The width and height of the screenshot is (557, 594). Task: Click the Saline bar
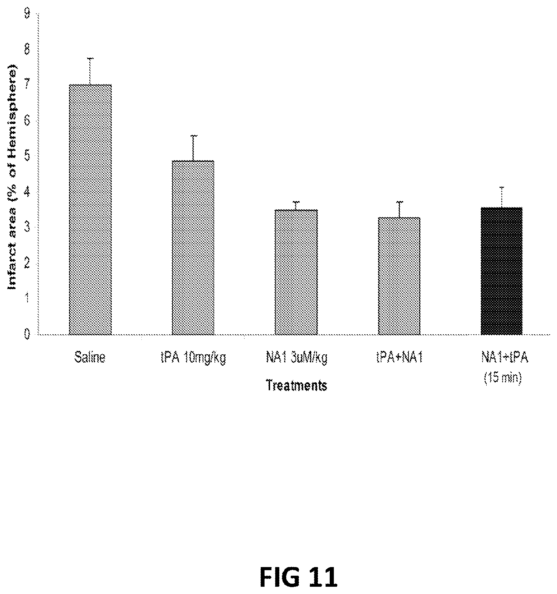pos(90,210)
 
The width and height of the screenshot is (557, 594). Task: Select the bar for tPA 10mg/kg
pos(193,248)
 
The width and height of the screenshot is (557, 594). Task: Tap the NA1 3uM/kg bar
pos(296,272)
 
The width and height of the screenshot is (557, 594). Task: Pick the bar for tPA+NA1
pos(399,276)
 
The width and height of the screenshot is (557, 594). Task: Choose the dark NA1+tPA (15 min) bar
pos(501,271)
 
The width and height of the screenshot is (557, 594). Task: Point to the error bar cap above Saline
pos(90,59)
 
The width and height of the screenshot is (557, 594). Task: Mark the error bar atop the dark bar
pos(502,197)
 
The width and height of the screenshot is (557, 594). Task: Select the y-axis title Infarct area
pos(13,176)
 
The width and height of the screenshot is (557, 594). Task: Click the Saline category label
pos(90,358)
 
